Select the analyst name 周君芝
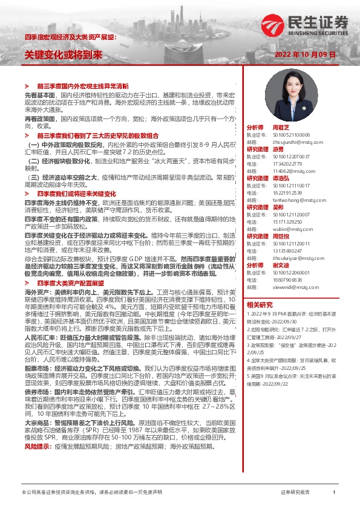click(281, 129)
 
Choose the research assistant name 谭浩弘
click(281, 178)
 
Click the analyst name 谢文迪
click(281, 265)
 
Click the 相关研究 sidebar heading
click(260, 304)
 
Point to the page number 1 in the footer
click(334, 493)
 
